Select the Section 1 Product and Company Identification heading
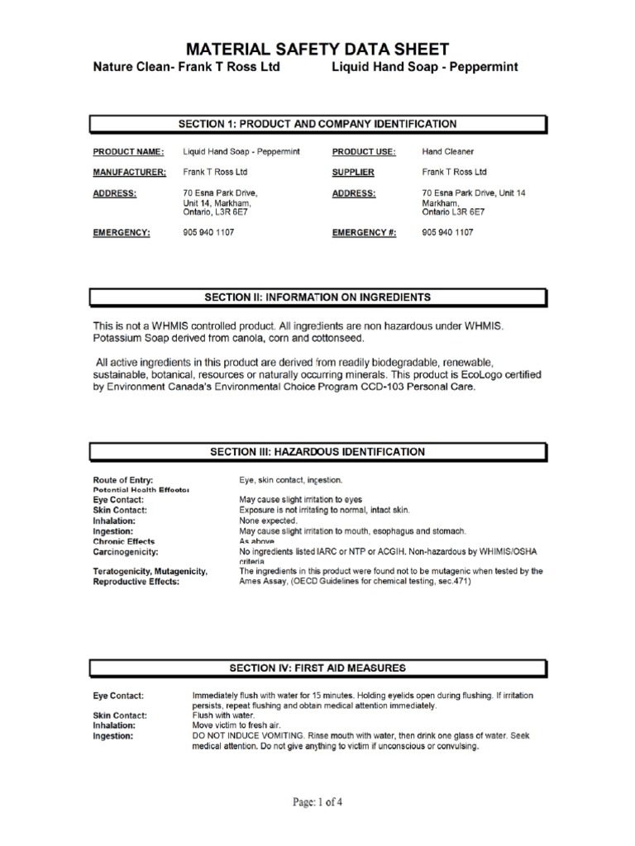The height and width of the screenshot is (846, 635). click(x=317, y=124)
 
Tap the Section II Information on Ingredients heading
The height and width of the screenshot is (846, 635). click(x=317, y=297)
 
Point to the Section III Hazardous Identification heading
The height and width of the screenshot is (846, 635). click(x=317, y=452)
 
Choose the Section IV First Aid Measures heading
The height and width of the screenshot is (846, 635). click(x=317, y=668)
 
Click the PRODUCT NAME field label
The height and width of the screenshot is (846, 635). click(x=128, y=152)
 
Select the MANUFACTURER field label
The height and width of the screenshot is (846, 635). click(x=129, y=173)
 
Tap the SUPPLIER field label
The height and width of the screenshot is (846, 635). click(x=353, y=173)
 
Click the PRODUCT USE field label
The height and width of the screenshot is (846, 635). click(x=364, y=152)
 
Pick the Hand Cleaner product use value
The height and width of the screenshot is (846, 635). click(x=447, y=152)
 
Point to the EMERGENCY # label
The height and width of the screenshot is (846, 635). click(x=364, y=233)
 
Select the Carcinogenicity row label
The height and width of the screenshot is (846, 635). click(x=126, y=551)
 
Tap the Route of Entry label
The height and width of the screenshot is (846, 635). click(x=123, y=480)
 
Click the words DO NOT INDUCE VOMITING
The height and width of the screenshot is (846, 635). click(x=243, y=736)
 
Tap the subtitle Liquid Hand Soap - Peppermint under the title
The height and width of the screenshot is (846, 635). click(x=424, y=68)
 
